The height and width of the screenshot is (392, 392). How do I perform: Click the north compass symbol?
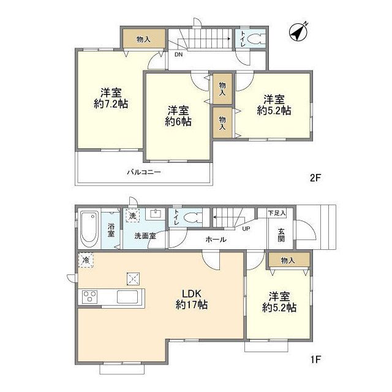[x=298, y=32]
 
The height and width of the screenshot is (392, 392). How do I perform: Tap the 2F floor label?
[x=315, y=178]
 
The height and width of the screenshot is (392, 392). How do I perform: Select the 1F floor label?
[x=315, y=360]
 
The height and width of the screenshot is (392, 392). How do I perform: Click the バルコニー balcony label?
[x=144, y=172]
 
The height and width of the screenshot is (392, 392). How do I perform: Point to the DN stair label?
[x=178, y=55]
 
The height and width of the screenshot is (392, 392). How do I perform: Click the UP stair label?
[x=246, y=228]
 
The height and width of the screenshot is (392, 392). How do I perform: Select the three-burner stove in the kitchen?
[x=90, y=296]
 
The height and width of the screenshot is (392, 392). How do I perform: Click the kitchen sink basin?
[x=127, y=296]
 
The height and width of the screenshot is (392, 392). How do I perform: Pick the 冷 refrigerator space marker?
[x=86, y=260]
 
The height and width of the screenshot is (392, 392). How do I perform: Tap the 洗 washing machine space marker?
[x=132, y=216]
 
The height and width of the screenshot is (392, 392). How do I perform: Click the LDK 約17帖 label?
[x=192, y=300]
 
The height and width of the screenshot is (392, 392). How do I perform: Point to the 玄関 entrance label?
[x=281, y=235]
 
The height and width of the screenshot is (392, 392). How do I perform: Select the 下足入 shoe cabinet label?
[x=277, y=213]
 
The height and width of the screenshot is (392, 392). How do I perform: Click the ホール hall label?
[x=216, y=239]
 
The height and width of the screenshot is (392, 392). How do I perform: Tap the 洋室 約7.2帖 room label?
[x=111, y=98]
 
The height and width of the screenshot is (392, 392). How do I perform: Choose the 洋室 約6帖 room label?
[x=178, y=116]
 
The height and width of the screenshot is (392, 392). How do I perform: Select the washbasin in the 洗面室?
[x=156, y=214]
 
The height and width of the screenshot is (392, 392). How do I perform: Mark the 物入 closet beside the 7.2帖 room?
[x=144, y=39]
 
